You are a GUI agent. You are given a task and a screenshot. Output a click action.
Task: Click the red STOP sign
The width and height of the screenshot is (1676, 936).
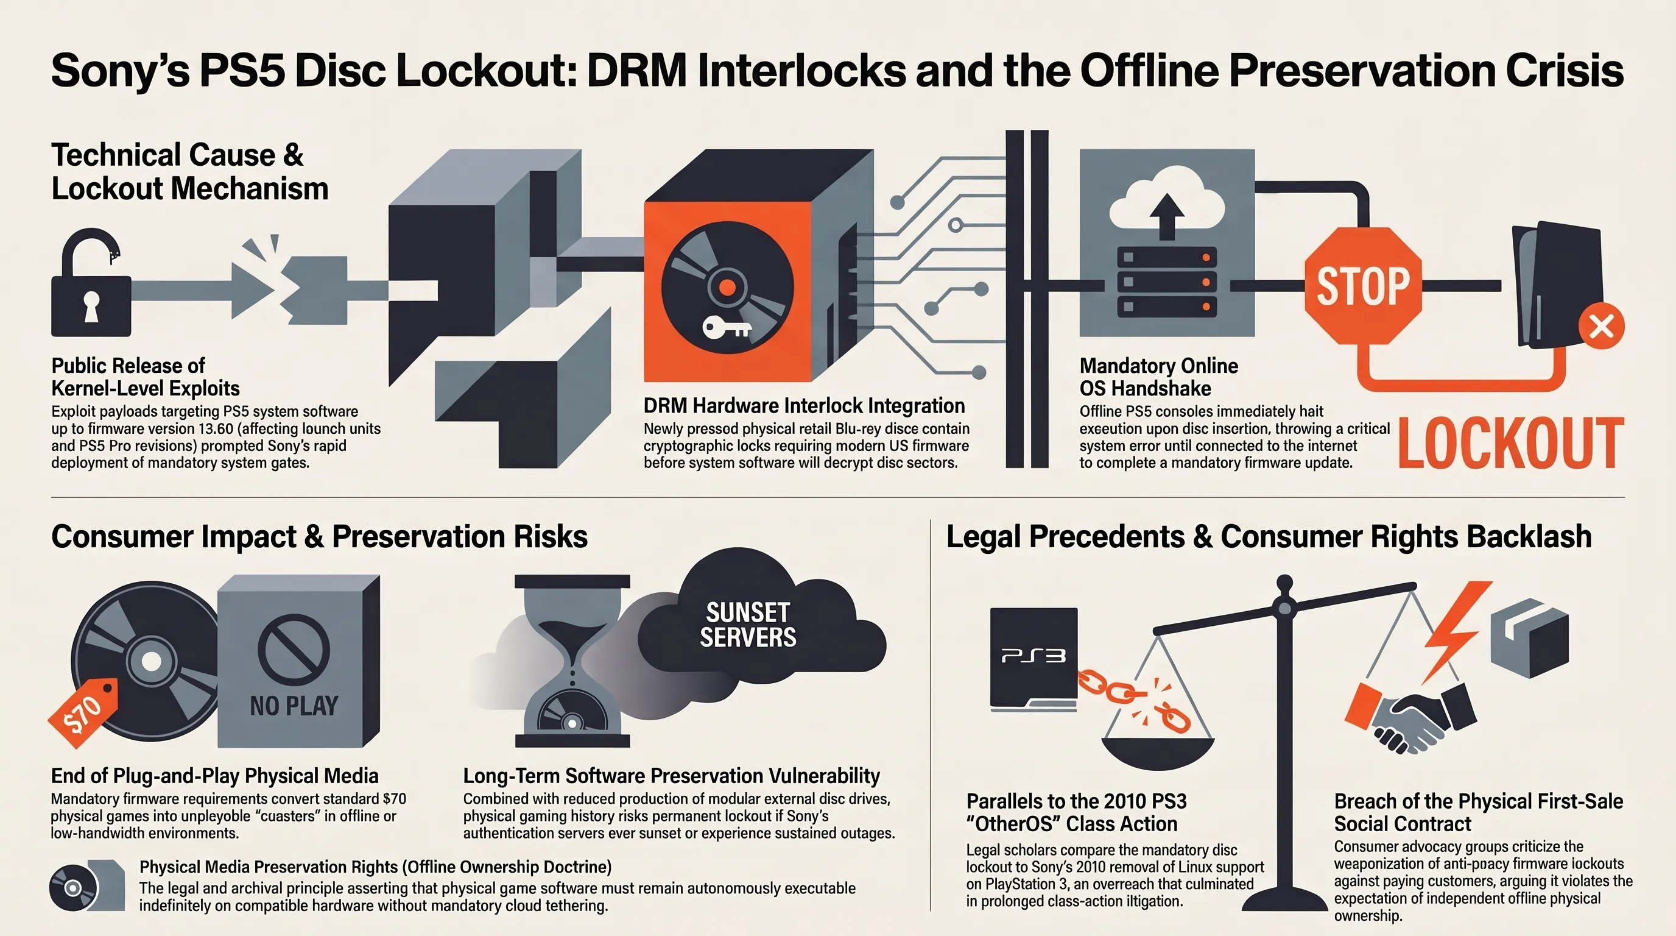click(x=1363, y=286)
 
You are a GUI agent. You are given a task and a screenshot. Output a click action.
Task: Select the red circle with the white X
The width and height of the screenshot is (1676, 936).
click(x=1601, y=325)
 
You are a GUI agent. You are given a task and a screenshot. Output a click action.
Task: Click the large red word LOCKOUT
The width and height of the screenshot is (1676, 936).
click(x=1511, y=442)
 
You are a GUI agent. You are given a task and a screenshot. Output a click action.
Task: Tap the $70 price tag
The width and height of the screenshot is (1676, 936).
click(x=83, y=714)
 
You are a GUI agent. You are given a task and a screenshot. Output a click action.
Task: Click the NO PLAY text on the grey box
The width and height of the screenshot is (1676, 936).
click(x=294, y=706)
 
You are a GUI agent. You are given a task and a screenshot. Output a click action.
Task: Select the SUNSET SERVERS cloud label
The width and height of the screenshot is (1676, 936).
click(x=748, y=624)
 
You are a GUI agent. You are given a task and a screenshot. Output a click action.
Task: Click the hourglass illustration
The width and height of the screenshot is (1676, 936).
click(x=572, y=661)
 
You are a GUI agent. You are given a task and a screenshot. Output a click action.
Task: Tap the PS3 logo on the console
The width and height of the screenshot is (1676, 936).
click(x=1033, y=655)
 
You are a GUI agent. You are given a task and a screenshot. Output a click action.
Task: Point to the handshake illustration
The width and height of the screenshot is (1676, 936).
click(x=1410, y=718)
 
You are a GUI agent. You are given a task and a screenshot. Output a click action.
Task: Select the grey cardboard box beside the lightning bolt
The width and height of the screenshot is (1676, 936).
click(x=1529, y=638)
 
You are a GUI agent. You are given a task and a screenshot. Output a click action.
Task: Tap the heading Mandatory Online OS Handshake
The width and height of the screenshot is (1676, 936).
click(x=1159, y=377)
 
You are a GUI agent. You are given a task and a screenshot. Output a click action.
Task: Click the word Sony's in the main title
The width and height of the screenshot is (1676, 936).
click(x=120, y=70)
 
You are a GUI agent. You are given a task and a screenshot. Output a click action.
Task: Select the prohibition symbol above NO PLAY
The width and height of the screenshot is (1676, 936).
click(x=294, y=649)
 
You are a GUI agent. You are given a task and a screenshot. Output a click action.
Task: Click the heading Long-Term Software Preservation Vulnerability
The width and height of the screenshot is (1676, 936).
click(x=672, y=775)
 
